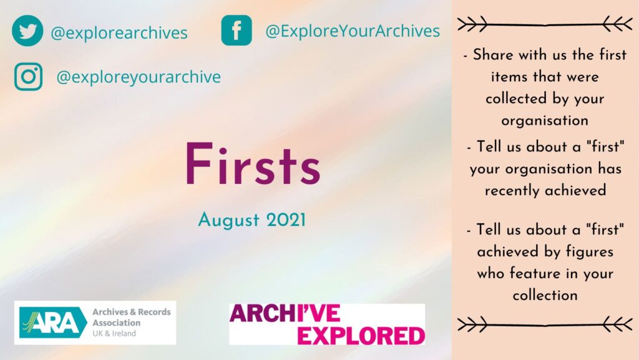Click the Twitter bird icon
(27, 31)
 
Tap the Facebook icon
(237, 30)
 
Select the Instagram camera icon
(28, 77)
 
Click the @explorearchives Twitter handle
(119, 32)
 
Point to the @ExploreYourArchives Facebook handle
(353, 31)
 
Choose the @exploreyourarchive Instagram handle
(139, 77)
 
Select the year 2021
(286, 220)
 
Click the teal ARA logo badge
(53, 323)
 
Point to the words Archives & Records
(131, 312)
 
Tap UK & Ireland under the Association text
(114, 334)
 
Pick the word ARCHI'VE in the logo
(285, 313)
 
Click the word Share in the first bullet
(493, 54)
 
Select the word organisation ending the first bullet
(545, 120)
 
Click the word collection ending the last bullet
(545, 295)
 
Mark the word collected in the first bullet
(516, 99)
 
